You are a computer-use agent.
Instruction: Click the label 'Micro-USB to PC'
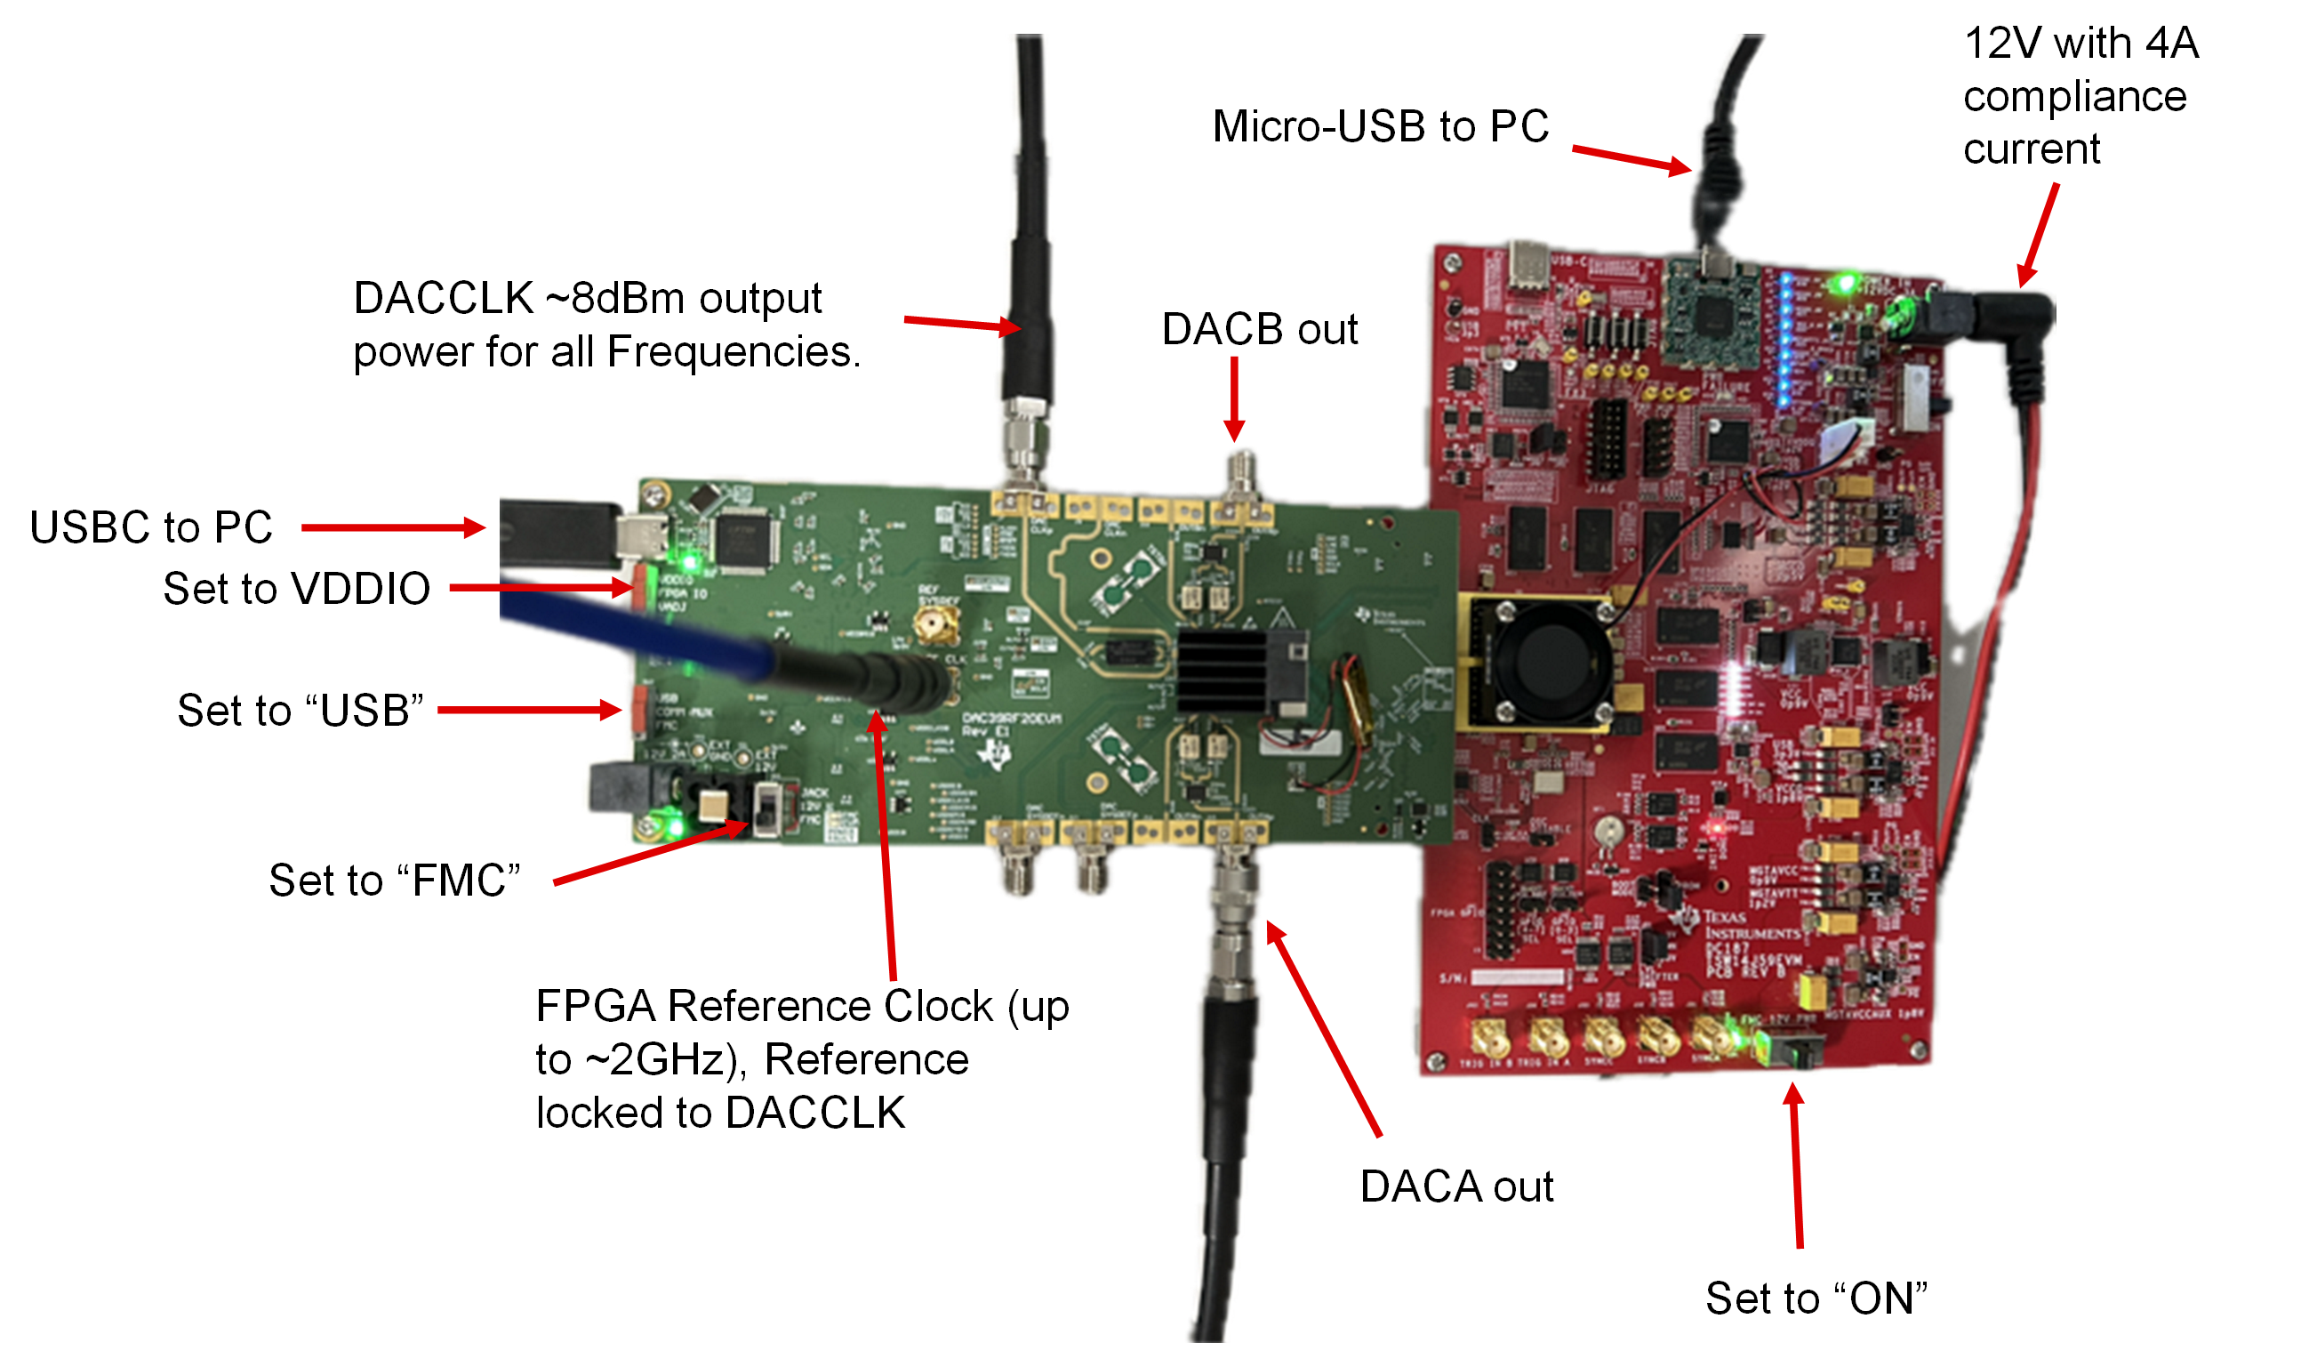click(x=1380, y=127)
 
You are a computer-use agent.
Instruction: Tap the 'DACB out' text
click(x=1260, y=330)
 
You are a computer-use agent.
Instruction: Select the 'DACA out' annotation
click(x=1456, y=1187)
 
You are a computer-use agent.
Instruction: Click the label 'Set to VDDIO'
click(x=296, y=590)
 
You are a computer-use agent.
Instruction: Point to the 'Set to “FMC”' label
click(x=395, y=881)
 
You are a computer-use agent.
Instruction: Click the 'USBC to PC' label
click(x=152, y=528)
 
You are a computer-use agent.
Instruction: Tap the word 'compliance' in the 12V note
click(x=2075, y=97)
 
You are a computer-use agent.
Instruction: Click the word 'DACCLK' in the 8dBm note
click(x=444, y=299)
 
